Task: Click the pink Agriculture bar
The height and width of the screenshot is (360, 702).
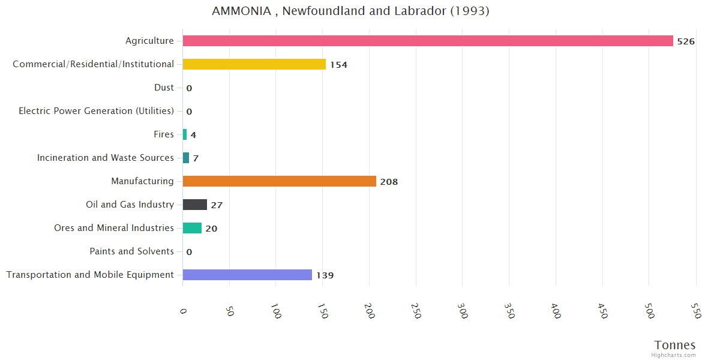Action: tap(428, 41)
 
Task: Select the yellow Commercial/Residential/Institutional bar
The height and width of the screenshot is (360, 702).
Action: tap(254, 64)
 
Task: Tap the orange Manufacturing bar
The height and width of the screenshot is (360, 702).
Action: tap(280, 181)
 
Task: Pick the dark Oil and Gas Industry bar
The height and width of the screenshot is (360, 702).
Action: tap(195, 205)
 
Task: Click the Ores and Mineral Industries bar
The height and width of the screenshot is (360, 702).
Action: tap(192, 228)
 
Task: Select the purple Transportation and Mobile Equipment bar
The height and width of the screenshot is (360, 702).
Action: tap(247, 275)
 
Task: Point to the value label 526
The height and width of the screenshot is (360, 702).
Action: tap(686, 41)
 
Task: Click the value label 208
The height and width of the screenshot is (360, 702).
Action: tap(389, 182)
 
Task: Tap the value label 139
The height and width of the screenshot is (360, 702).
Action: tap(325, 275)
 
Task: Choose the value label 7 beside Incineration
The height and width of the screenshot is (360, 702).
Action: tap(196, 158)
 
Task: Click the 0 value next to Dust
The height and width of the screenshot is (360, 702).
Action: tap(189, 88)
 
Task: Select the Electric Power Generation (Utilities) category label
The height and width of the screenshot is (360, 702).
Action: tap(96, 111)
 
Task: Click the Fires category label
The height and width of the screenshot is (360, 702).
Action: tap(164, 134)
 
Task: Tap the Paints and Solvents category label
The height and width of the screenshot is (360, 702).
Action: tap(131, 251)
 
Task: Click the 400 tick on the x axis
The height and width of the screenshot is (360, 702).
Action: tap(556, 311)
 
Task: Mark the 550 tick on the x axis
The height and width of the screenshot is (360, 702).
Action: tap(696, 311)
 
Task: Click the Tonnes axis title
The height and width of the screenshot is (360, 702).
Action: tap(675, 345)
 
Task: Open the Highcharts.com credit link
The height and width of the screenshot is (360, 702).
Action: tap(674, 355)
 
